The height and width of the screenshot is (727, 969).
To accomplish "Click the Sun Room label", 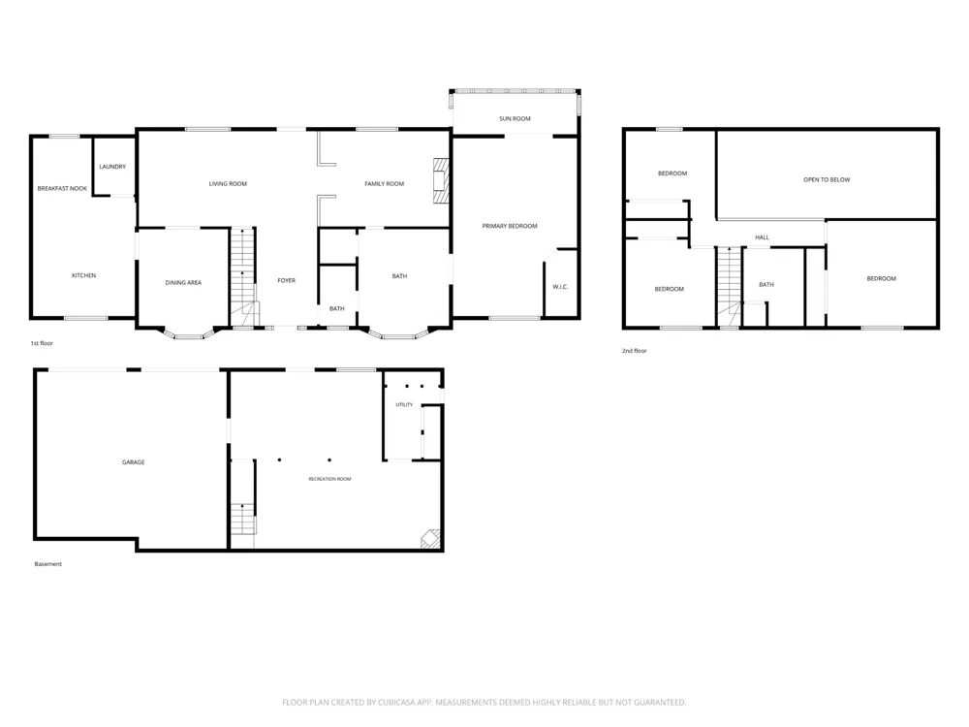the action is (x=515, y=118).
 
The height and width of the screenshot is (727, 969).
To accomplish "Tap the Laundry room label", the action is (x=112, y=167).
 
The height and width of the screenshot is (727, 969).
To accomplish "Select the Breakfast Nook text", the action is (x=62, y=189).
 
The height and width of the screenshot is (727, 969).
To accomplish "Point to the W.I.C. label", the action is (x=560, y=287).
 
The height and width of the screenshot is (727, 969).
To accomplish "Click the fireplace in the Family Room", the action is (x=440, y=180).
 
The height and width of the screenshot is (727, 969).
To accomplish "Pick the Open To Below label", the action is (x=827, y=180).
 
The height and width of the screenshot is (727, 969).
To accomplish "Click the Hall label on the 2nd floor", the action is (x=762, y=237).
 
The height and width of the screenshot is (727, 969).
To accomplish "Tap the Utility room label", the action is (x=404, y=405).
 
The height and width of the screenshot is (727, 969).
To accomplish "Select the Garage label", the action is (x=133, y=462).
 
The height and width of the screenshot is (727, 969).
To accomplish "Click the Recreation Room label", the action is (x=330, y=479).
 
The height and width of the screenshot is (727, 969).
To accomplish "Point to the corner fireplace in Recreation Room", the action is (x=431, y=539).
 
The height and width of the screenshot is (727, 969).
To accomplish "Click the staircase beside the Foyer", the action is (x=243, y=277).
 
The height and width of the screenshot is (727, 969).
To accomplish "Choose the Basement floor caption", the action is (x=48, y=564).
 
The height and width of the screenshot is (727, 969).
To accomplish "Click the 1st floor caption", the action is (x=42, y=343).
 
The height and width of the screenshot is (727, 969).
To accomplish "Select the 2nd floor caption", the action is (x=634, y=351).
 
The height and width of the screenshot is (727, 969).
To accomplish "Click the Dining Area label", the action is (x=183, y=282).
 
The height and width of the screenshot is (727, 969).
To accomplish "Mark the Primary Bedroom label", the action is (x=510, y=226).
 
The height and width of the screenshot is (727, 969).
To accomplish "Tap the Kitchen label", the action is (x=84, y=275).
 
